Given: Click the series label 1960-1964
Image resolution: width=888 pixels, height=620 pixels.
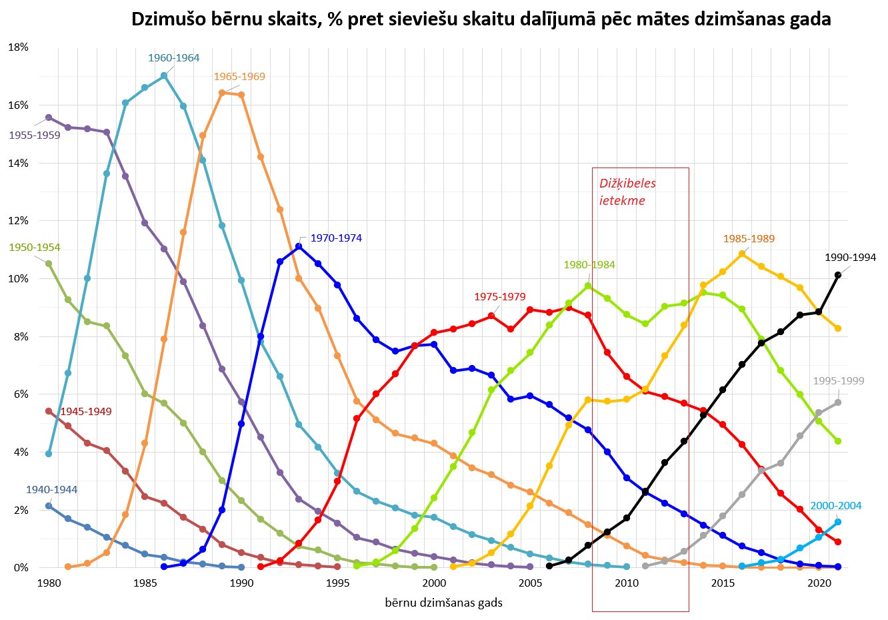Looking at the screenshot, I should (173, 58).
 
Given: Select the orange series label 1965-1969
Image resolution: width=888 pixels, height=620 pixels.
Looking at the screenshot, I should (239, 77).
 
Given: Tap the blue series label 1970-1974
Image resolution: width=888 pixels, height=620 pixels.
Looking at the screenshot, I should (336, 238).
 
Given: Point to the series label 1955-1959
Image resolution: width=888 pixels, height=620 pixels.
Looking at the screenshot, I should (35, 135).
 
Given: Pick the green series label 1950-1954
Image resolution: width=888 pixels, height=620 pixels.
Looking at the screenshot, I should (35, 248).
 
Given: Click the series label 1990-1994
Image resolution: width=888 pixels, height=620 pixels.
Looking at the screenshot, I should (850, 258).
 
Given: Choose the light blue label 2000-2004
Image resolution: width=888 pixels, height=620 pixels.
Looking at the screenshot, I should (836, 506).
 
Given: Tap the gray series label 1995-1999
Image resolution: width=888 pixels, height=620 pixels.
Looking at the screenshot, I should (838, 381).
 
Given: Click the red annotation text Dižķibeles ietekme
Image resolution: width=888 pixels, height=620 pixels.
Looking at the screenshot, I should (627, 192).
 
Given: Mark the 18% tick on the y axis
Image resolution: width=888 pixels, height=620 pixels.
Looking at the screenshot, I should (18, 47).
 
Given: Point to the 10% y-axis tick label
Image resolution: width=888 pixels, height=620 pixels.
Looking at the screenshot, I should (18, 279).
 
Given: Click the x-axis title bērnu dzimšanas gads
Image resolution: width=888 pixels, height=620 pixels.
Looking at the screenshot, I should (443, 603).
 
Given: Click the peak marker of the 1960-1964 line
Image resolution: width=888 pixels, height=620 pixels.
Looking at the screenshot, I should (164, 76).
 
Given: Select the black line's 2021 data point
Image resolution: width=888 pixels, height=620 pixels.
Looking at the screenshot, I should (838, 275).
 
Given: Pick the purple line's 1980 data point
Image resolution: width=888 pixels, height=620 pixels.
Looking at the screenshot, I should (49, 117).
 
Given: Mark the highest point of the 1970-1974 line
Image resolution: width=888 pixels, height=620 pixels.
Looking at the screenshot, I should (299, 246).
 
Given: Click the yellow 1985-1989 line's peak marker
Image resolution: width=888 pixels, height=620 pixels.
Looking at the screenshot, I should (742, 254).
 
